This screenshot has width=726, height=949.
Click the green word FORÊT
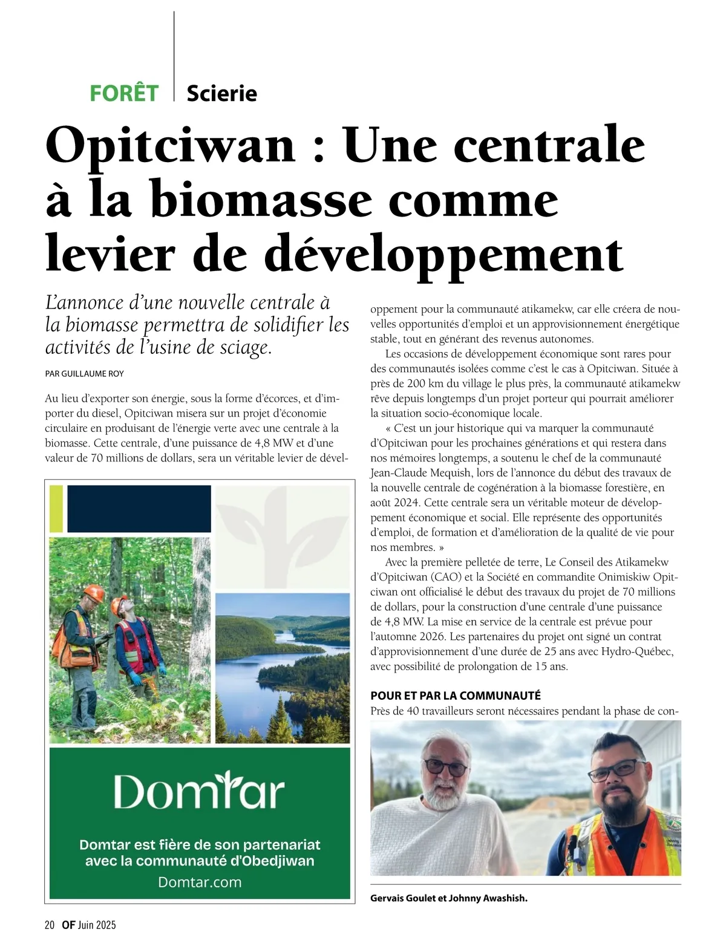tap(124, 93)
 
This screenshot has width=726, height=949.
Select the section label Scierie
tap(221, 93)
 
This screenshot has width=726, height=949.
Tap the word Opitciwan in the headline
tap(170, 145)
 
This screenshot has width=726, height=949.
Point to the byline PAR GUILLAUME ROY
tap(84, 374)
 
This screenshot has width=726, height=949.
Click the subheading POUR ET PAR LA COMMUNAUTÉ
tap(456, 696)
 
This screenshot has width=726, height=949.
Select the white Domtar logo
tap(199, 791)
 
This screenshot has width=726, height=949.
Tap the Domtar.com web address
tap(200, 882)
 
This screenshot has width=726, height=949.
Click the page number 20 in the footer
tap(50, 925)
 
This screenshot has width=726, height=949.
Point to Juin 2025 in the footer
tap(97, 925)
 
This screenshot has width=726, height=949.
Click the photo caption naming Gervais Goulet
tap(448, 898)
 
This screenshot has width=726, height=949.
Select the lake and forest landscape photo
tap(283, 668)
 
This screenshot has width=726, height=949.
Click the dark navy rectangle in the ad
tap(139, 509)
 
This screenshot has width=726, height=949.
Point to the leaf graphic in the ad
tap(283, 520)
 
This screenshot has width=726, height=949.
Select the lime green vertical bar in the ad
tap(56, 509)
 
